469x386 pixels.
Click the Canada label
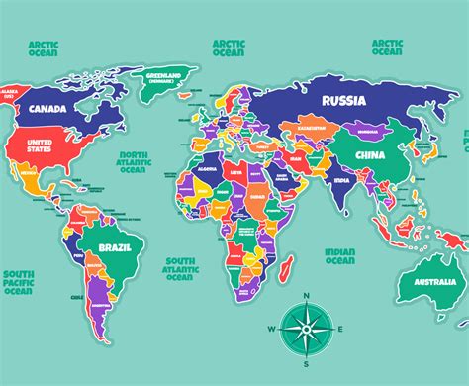(47, 109)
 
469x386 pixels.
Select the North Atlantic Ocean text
(136, 162)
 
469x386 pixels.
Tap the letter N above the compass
(307, 295)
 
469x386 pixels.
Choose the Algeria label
(208, 170)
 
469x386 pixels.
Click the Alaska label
(12, 96)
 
